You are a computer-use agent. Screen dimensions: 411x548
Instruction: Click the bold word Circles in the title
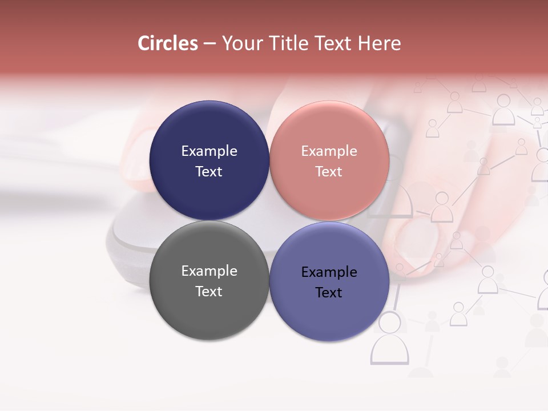168,43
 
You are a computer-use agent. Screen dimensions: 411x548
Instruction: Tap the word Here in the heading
379,43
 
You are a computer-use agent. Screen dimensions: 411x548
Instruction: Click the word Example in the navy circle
209,151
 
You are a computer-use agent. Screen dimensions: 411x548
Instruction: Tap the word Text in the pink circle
329,172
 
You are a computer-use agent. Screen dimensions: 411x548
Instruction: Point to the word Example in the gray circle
209,271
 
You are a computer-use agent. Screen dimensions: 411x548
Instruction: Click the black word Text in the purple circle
329,293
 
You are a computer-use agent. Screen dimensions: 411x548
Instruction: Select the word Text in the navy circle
209,172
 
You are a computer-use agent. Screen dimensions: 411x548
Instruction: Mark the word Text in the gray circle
209,292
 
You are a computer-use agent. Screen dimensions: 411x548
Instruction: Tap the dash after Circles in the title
209,44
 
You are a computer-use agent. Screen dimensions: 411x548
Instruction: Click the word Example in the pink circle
329,151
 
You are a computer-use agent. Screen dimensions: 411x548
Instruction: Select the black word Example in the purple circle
329,272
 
